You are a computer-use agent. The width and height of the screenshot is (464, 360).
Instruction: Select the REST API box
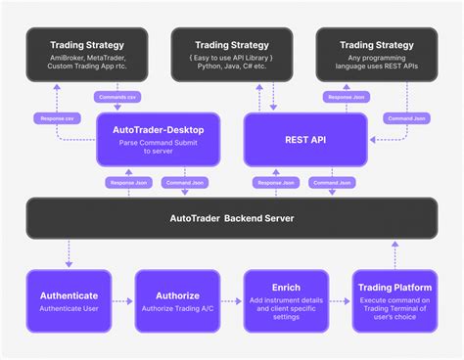pyautogui.click(x=305, y=139)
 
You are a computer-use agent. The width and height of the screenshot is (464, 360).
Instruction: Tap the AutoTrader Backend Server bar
pyautogui.click(x=231, y=218)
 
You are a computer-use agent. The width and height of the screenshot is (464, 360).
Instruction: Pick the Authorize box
pyautogui.click(x=176, y=300)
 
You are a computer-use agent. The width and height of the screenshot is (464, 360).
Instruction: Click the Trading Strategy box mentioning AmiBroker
pyautogui.click(x=86, y=55)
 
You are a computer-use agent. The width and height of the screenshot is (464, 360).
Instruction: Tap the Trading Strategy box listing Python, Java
pyautogui.click(x=231, y=55)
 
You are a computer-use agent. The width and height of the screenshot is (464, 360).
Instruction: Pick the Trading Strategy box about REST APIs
pyautogui.click(x=376, y=55)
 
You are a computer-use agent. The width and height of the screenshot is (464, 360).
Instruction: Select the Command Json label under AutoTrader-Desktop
pyautogui.click(x=183, y=182)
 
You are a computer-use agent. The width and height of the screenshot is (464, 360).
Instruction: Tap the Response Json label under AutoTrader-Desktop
pyautogui.click(x=126, y=182)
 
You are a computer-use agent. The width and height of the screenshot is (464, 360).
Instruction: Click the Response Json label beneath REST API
pyautogui.click(x=275, y=182)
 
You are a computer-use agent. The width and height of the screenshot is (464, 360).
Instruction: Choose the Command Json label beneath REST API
pyautogui.click(x=333, y=182)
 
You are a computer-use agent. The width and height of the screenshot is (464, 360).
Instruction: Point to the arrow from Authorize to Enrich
pyautogui.click(x=232, y=300)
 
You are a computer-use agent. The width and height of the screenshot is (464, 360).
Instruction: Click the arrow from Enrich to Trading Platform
pyautogui.click(x=339, y=300)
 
